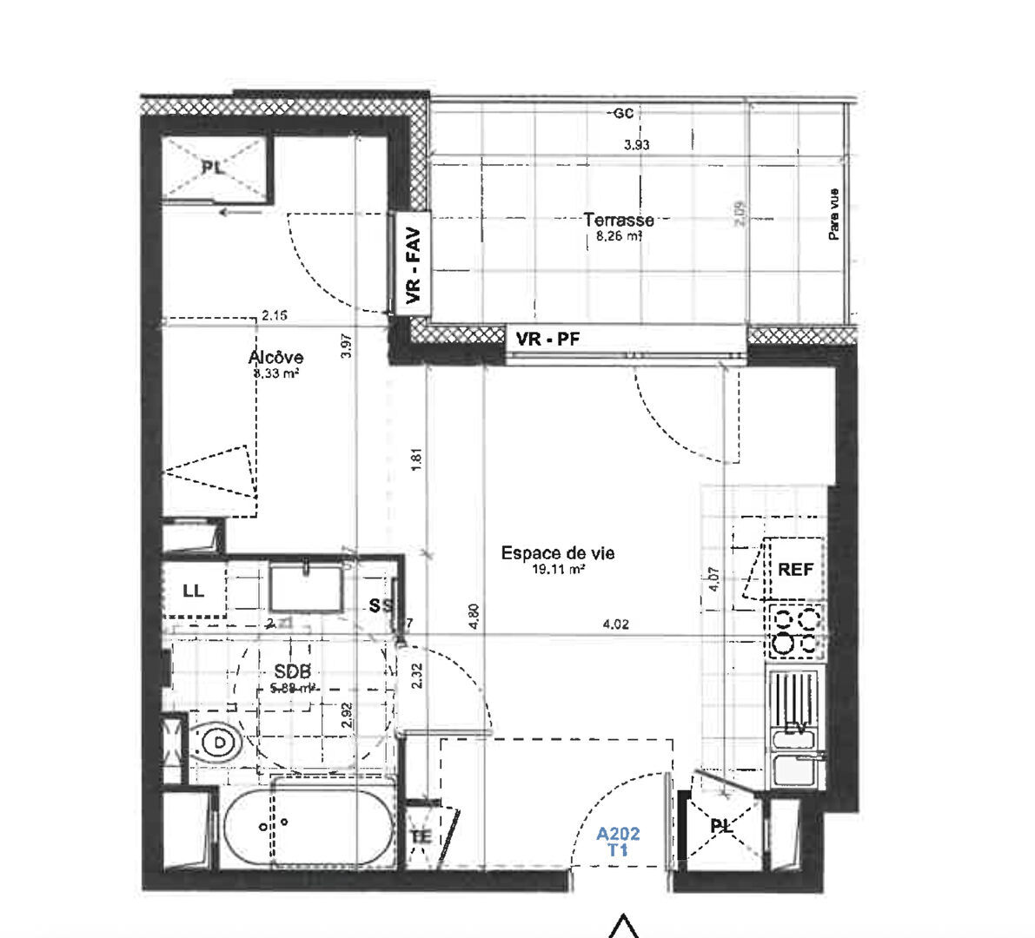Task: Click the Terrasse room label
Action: [619, 221]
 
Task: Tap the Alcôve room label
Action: [275, 357]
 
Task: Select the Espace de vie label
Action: [558, 553]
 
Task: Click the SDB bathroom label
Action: [292, 670]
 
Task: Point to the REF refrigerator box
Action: [795, 570]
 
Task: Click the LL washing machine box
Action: [193, 591]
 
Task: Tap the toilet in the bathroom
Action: [216, 744]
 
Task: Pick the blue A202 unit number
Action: [618, 835]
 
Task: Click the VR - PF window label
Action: [547, 339]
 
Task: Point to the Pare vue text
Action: [834, 215]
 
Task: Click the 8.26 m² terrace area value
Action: [619, 235]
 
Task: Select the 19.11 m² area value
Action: [558, 571]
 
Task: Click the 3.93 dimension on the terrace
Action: [637, 146]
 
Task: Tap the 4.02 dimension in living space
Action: [614, 624]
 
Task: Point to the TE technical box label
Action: [421, 836]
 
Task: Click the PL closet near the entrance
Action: [720, 827]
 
